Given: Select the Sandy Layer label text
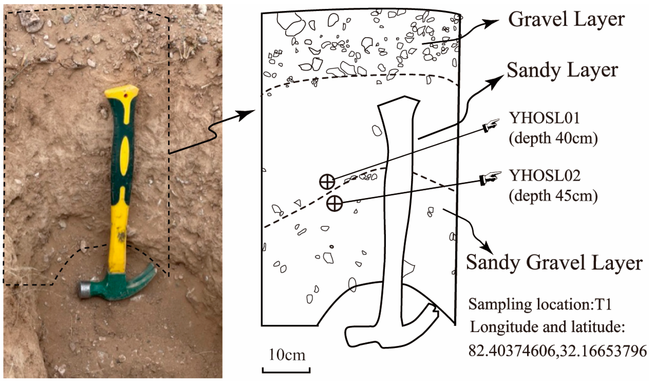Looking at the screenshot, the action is point(562,70).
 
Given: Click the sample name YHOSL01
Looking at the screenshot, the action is point(544,118).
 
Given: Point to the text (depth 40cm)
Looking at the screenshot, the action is point(553,139).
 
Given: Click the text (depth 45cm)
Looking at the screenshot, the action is point(553,196).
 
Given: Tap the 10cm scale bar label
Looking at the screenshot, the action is point(287,355).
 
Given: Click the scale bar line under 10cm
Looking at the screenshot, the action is point(286,372).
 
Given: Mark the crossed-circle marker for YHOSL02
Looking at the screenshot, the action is point(334,203).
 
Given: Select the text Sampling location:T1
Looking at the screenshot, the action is point(540,304).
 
